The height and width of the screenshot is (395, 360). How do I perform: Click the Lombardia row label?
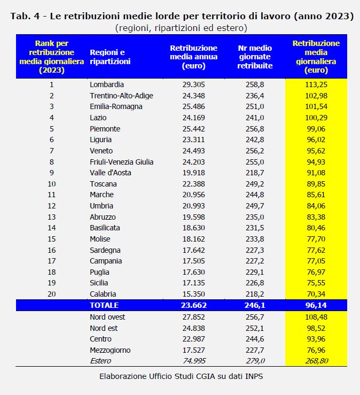pos(107,84)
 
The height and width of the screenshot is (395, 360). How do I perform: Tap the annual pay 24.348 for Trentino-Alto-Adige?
pos(193,96)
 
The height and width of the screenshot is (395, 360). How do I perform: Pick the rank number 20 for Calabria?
pos(51,294)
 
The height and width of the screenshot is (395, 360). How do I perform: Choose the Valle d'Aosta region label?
pos(111,173)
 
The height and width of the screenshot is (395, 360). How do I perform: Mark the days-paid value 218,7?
pos(255,173)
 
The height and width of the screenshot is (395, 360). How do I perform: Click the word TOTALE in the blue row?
pos(104,305)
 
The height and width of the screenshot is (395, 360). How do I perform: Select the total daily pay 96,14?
pos(316,305)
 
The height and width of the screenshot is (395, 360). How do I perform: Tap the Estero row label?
pos(100,361)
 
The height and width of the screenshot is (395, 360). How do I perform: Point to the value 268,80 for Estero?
pos(316,361)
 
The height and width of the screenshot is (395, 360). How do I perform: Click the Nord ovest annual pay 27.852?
pos(193,317)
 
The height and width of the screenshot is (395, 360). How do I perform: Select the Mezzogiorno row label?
pos(110,350)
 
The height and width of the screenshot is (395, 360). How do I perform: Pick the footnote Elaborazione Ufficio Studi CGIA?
pos(181,376)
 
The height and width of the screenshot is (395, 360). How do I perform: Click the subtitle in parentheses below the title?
pos(181,27)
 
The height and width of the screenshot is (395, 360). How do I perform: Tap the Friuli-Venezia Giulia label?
pos(122,162)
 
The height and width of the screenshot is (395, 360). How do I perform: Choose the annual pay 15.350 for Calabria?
pos(193,294)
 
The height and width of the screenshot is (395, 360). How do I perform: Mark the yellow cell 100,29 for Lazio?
pos(316,118)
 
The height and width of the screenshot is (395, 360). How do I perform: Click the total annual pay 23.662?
pos(193,305)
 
